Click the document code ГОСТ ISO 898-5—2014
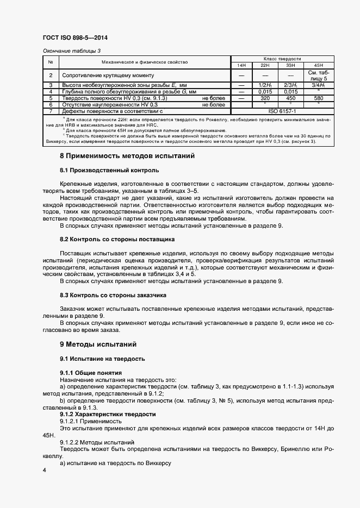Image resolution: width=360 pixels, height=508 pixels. click(75, 38)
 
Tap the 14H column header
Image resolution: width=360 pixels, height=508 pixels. click(241, 65)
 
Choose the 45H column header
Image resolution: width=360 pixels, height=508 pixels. click(318, 65)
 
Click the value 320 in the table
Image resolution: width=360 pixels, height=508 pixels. click(265, 98)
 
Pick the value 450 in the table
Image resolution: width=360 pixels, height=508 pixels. click(290, 98)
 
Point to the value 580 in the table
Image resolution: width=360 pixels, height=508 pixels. click(318, 98)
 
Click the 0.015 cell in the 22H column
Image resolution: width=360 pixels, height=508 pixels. click(265, 92)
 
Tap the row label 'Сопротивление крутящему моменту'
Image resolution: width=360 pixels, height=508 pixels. click(109, 75)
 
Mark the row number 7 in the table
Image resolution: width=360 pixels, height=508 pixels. click(51, 111)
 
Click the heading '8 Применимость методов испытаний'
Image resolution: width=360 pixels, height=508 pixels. click(127, 156)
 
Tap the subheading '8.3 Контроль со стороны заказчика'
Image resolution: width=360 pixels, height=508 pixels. click(113, 295)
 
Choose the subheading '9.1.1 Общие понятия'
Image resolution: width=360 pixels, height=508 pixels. click(90, 373)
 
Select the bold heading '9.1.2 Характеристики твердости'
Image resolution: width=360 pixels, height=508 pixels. click(108, 414)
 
